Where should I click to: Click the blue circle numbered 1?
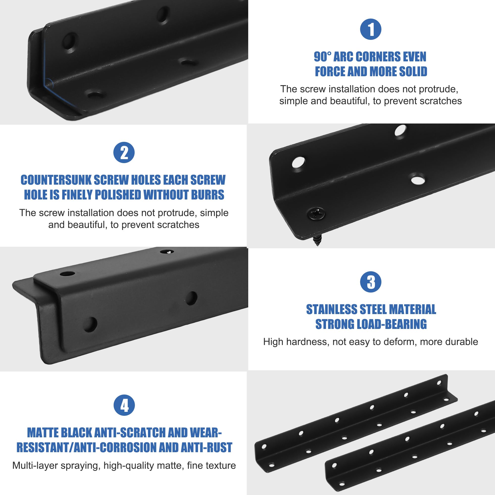click(x=371, y=29)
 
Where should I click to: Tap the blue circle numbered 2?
click(x=124, y=152)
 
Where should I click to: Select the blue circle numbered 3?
click(x=371, y=282)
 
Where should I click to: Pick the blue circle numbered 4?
click(x=124, y=405)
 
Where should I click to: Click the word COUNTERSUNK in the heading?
click(x=56, y=180)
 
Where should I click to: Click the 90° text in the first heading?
click(x=322, y=57)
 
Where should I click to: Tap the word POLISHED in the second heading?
click(x=118, y=195)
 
